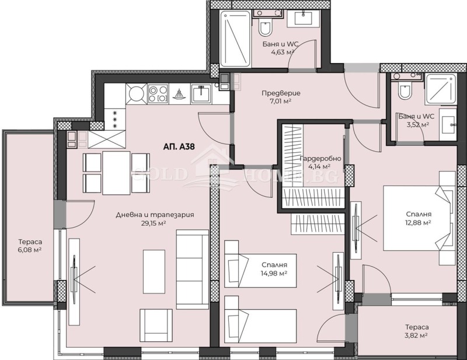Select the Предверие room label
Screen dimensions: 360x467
(281, 93)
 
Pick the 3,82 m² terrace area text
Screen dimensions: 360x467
(416, 335)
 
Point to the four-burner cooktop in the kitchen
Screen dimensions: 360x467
(158, 93)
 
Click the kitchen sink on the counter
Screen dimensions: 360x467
(201, 93)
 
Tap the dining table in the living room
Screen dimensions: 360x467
(116, 173)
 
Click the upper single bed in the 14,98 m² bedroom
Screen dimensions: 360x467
(260, 270)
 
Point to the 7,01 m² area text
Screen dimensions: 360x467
(281, 101)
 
